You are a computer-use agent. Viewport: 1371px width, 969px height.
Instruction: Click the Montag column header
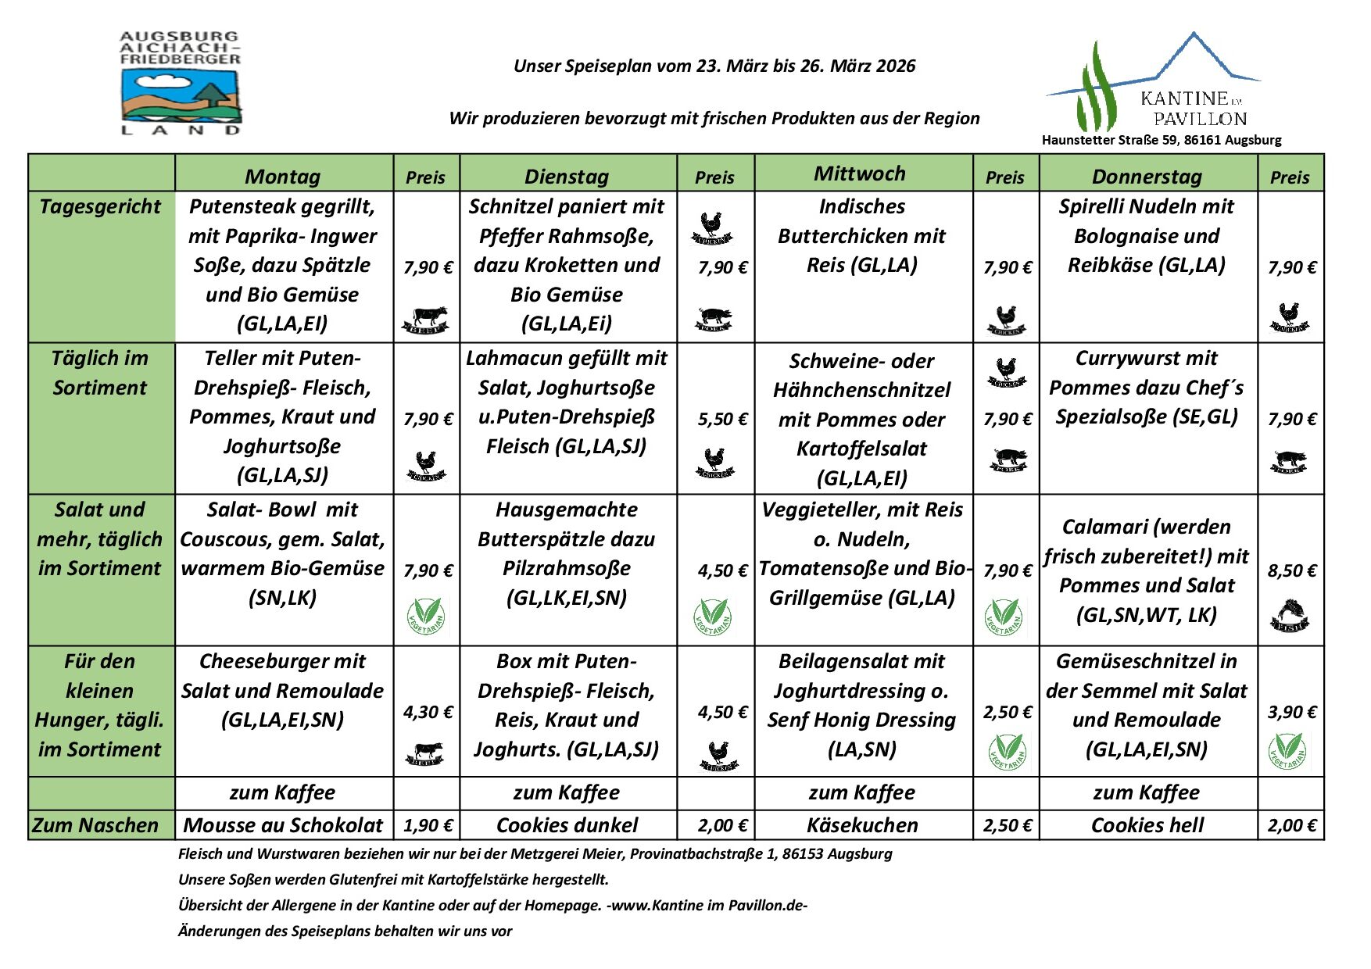click(x=282, y=176)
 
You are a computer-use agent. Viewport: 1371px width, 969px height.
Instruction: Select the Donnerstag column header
click(x=1147, y=176)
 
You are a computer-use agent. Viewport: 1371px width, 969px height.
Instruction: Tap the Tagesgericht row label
click(x=100, y=206)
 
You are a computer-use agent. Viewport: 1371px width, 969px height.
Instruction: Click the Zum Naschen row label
click(x=95, y=825)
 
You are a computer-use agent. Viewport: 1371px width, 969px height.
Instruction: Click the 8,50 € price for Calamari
click(x=1292, y=571)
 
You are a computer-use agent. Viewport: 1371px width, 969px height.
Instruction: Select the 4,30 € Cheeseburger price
click(x=428, y=713)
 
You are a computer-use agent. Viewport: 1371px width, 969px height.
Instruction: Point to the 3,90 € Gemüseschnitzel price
click(x=1292, y=713)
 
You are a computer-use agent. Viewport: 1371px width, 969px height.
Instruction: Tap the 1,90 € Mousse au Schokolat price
click(x=428, y=825)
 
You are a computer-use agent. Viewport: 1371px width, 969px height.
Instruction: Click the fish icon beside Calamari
click(x=1289, y=615)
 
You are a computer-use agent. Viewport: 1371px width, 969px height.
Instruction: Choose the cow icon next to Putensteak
click(x=426, y=319)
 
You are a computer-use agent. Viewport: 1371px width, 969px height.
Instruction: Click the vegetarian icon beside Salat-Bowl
click(x=426, y=615)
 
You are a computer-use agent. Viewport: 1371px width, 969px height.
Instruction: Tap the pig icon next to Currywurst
click(x=1289, y=461)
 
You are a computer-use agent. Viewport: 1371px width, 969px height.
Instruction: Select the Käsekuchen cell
click(x=862, y=825)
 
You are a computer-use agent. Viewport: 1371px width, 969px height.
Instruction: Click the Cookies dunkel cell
click(x=567, y=825)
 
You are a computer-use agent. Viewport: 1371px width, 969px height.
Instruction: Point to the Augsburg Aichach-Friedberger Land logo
click(x=181, y=83)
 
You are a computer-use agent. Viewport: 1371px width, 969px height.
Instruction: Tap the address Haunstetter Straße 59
click(x=1161, y=141)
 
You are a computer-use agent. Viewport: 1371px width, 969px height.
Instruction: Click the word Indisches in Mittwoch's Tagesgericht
click(x=861, y=206)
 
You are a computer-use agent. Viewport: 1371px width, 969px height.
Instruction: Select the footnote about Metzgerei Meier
click(x=535, y=854)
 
